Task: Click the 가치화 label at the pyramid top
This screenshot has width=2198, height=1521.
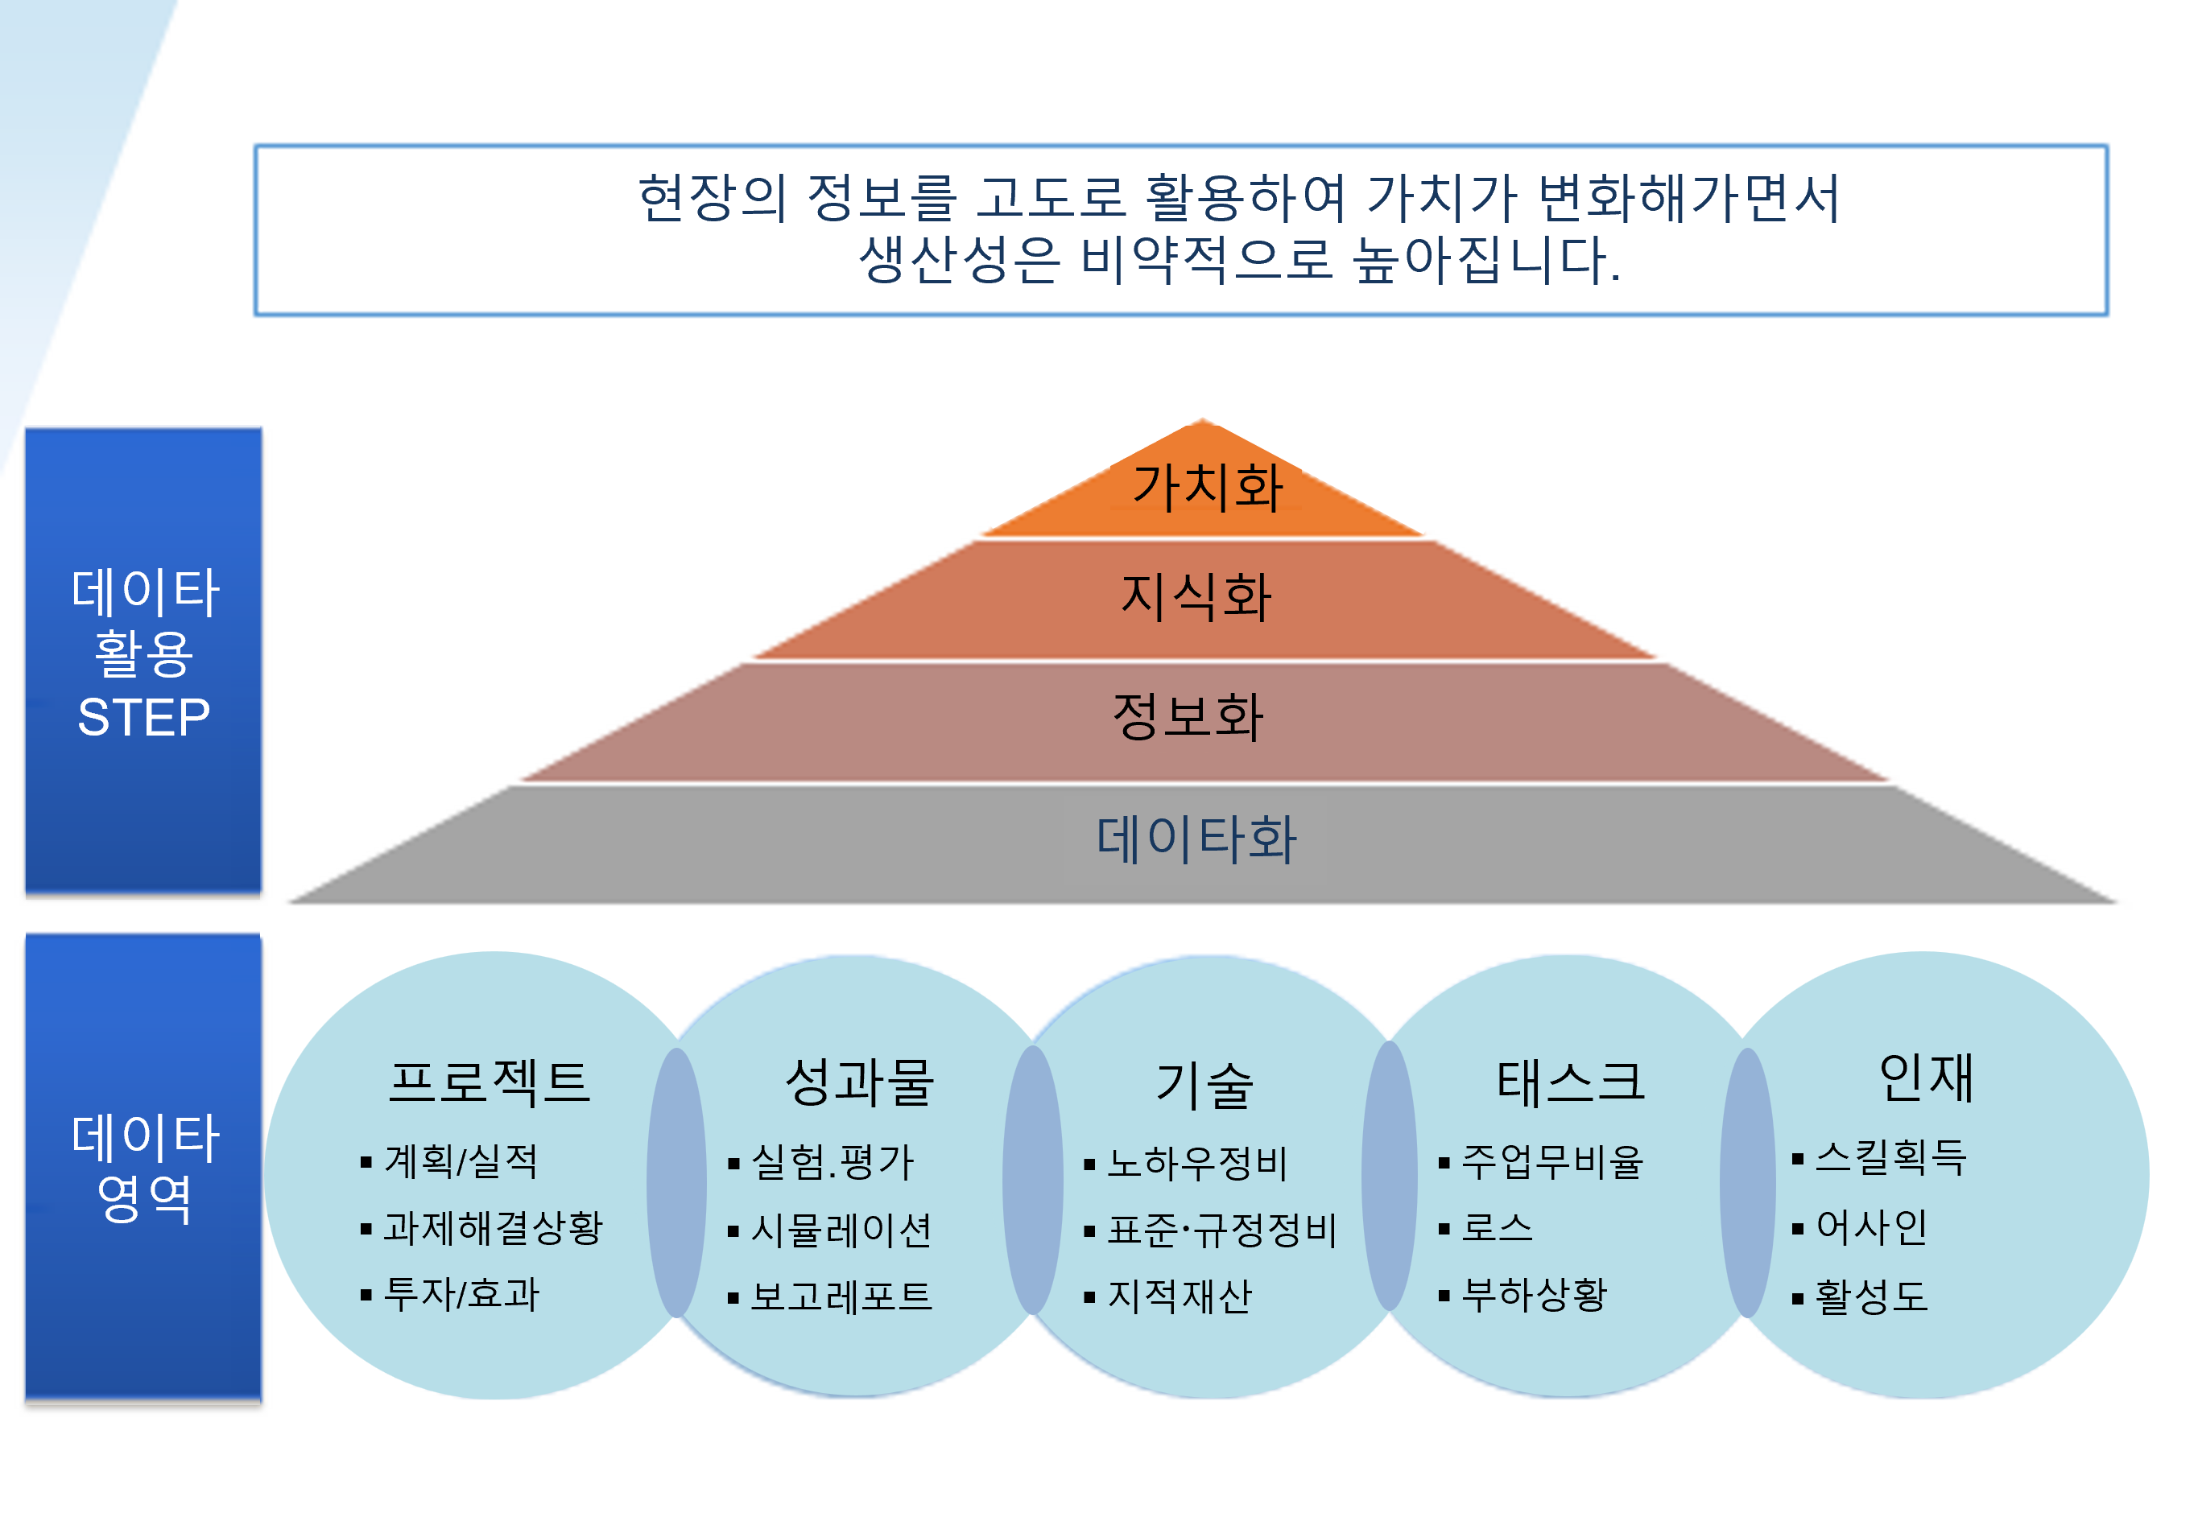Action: point(1208,487)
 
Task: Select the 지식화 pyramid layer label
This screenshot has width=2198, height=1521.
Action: point(1196,596)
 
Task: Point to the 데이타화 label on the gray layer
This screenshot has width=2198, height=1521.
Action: point(1196,839)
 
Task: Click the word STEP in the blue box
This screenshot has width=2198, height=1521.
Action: point(143,718)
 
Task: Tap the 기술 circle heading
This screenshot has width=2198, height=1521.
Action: point(1204,1085)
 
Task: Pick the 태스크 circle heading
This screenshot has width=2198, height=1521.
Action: point(1571,1082)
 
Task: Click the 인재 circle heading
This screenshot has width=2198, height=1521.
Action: point(1925,1078)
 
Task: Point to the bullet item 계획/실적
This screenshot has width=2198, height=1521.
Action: point(461,1160)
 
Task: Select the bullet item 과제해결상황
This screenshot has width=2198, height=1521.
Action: point(493,1227)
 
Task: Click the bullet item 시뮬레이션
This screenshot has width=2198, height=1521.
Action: point(841,1230)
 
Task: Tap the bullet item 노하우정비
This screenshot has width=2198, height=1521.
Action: point(1197,1163)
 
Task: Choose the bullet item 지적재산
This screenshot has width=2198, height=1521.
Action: point(1180,1296)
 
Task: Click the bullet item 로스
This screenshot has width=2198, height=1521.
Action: point(1498,1227)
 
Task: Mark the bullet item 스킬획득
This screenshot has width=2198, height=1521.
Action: point(1891,1158)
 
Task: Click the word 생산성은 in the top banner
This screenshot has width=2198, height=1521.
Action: point(960,259)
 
